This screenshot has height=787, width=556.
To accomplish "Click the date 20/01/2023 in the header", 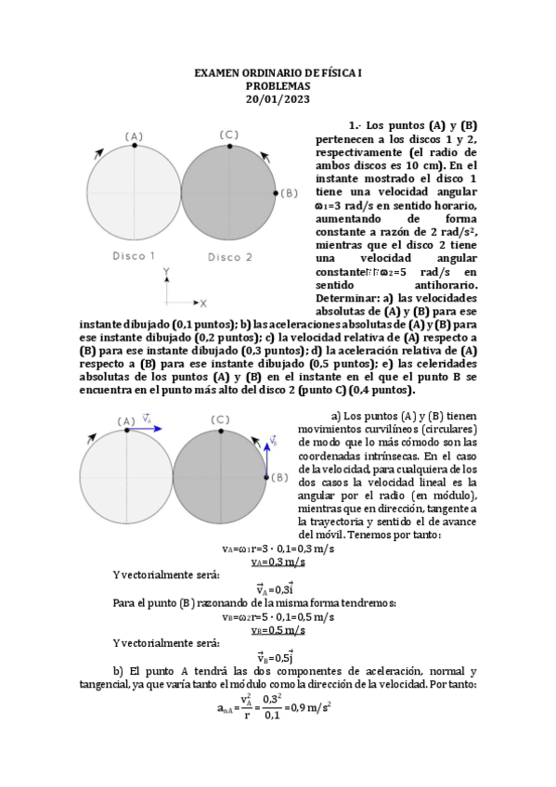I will (x=278, y=99).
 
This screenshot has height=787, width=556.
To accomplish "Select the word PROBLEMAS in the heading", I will (x=278, y=85).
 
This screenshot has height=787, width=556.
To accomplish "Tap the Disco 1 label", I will (x=134, y=255).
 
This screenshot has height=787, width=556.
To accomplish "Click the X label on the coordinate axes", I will (x=203, y=303).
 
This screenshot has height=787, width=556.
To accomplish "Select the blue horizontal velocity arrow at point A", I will (x=150, y=429).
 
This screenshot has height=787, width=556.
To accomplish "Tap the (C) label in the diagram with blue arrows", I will (x=220, y=419).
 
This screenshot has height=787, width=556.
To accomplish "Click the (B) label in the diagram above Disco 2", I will (x=289, y=192).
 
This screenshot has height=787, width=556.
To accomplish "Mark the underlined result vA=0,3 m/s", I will (x=279, y=562).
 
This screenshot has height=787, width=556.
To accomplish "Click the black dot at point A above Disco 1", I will (x=135, y=147).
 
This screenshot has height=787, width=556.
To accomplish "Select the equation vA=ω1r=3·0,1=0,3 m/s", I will (x=279, y=548).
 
